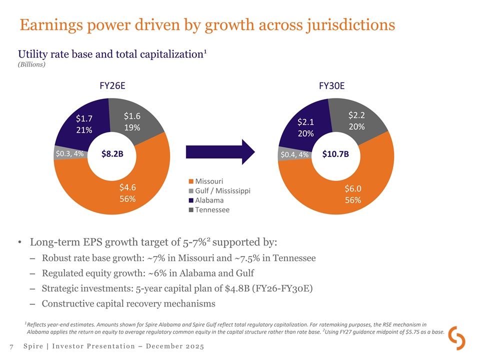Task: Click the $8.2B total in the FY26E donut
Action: (x=112, y=154)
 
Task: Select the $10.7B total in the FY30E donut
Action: (x=335, y=154)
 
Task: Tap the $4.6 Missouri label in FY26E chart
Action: (x=128, y=187)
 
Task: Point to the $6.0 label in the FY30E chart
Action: (x=353, y=188)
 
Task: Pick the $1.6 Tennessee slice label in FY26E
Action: (x=132, y=115)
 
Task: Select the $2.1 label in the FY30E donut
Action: (x=305, y=122)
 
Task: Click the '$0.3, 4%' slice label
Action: (x=69, y=153)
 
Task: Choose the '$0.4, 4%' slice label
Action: (x=294, y=154)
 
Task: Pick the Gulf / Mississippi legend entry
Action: (x=219, y=190)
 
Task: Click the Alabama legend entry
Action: (x=206, y=200)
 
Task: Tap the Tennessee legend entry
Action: (x=209, y=209)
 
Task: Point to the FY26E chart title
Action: (x=112, y=85)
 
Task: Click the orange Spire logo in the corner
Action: (x=457, y=338)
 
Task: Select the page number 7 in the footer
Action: (x=10, y=346)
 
